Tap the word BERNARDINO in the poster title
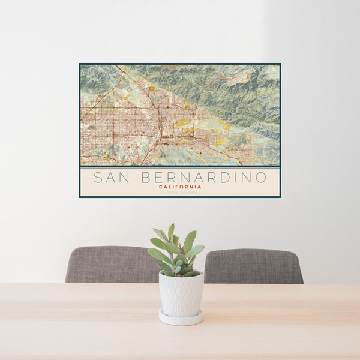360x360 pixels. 205,178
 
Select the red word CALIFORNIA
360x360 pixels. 180,187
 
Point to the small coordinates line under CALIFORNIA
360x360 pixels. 180,191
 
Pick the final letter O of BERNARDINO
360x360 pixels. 261,178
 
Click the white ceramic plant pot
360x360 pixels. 181,293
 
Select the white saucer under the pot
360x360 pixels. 181,317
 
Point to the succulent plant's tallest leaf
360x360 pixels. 171,232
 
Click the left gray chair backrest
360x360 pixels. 111,265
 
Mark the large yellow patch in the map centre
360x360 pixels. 182,123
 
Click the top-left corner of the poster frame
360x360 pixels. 80,64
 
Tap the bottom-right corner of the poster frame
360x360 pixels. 280,197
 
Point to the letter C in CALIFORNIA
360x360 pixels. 161,187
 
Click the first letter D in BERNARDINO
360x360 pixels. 224,178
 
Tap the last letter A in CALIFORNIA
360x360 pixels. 200,187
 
